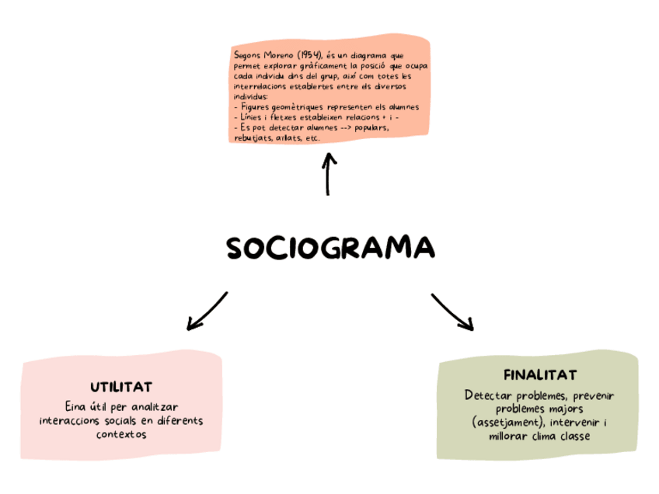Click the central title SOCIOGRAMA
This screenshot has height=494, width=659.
pos(330,248)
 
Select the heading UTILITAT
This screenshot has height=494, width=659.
pos(120,387)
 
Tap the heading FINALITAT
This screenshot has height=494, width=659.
pos(539,375)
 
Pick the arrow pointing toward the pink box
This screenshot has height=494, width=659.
pos(206,311)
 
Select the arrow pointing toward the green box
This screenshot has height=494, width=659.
pos(452,311)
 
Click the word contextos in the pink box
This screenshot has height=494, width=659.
pos(120,434)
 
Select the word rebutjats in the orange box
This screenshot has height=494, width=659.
pos(249,137)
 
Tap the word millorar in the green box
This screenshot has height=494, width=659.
pos(508,436)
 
